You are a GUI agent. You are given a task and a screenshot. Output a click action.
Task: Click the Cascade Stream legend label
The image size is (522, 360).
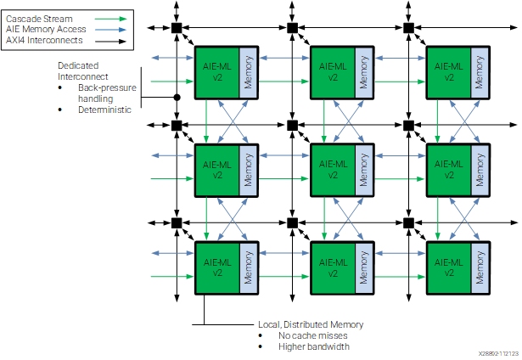click(x=39, y=19)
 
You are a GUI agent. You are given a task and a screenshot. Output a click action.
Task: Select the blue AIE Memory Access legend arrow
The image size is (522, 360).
click(x=110, y=30)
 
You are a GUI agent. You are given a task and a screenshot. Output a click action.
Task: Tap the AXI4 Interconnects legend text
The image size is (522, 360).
click(x=44, y=40)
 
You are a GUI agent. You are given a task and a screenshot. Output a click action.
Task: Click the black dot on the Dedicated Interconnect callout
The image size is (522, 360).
click(x=177, y=98)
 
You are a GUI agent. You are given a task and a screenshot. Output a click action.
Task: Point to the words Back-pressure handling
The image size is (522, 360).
click(x=107, y=93)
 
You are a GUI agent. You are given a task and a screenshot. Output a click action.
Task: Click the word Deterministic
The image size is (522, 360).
click(x=104, y=110)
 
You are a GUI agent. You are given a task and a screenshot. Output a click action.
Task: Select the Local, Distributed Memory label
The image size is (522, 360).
click(x=311, y=324)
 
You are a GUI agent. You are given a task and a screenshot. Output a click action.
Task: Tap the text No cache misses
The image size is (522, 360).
click(x=313, y=335)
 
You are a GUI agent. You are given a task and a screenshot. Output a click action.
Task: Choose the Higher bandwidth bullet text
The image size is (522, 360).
click(x=314, y=346)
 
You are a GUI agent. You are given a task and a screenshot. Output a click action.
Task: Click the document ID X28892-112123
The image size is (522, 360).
click(x=499, y=353)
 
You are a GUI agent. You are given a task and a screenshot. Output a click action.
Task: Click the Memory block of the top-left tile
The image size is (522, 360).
click(x=249, y=73)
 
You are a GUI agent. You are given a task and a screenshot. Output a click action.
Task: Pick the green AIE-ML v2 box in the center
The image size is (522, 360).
click(x=333, y=170)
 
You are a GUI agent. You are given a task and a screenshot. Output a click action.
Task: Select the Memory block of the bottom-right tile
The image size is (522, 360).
click(x=480, y=267)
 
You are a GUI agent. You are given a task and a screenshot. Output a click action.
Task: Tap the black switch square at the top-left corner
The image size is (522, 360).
click(x=177, y=28)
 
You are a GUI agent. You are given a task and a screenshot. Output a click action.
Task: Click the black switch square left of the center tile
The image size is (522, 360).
click(x=292, y=126)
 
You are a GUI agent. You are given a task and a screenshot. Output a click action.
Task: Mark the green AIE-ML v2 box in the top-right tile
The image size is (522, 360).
click(x=449, y=73)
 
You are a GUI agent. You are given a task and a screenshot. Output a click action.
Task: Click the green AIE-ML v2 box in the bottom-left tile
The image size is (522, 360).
click(x=217, y=267)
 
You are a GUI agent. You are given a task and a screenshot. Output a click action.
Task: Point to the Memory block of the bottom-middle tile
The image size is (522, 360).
click(x=364, y=267)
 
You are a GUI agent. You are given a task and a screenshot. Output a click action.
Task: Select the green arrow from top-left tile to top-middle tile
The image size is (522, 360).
click(x=283, y=82)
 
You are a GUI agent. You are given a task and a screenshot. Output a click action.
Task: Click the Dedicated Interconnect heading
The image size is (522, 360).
click(x=82, y=71)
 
